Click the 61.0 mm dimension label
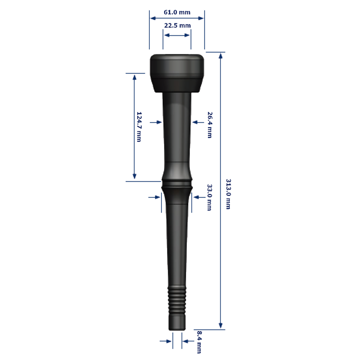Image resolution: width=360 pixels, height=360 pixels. [177, 12]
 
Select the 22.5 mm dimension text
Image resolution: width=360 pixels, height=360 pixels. [177, 26]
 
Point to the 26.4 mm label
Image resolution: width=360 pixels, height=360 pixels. [210, 125]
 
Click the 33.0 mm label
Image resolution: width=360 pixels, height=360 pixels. [209, 197]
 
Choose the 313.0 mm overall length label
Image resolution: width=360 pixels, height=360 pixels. [228, 194]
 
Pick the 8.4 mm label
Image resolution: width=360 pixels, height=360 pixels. [199, 342]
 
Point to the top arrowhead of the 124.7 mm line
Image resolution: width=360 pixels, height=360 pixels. [134, 77]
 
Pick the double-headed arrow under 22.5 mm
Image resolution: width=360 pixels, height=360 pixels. [177, 35]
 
